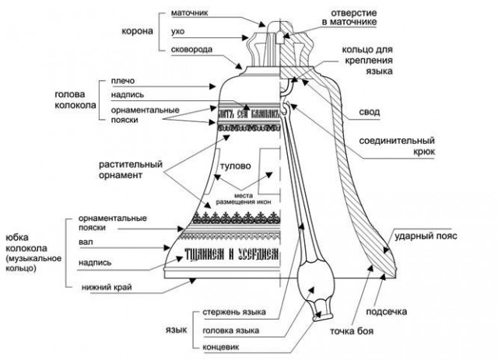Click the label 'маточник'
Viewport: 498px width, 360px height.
[x=187, y=12]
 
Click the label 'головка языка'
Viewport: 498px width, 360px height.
[x=231, y=329]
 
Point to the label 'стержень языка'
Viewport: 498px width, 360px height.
[x=234, y=313]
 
